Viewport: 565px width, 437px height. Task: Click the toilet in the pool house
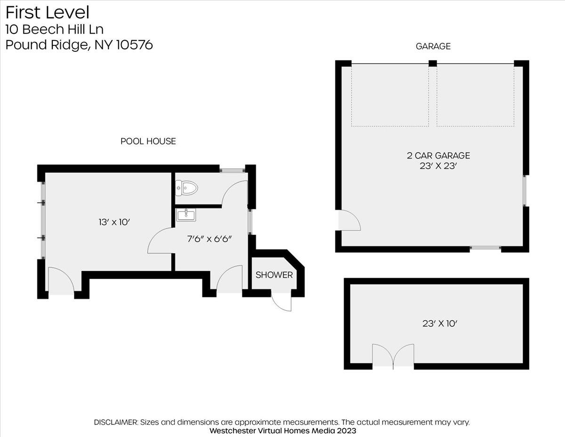pos(186,188)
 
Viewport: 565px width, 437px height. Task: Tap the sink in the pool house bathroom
pos(186,215)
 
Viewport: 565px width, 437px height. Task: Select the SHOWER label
pos(274,275)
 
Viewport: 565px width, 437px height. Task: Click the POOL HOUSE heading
pos(148,141)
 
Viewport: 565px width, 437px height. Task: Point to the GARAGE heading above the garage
pos(433,46)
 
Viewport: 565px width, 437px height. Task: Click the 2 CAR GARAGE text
pos(438,156)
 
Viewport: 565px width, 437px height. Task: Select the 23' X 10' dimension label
pos(440,323)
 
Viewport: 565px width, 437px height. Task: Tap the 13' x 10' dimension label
pos(114,223)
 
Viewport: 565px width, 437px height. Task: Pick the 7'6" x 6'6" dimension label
pos(210,239)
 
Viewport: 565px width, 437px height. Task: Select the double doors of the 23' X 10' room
pos(393,356)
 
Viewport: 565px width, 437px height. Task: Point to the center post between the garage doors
pos(433,64)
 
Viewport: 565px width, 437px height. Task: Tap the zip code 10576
pos(135,45)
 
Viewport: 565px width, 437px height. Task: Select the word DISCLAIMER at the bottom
pos(116,422)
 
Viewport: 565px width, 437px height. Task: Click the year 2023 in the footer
pos(347,431)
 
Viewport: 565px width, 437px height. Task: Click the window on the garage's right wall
pos(525,190)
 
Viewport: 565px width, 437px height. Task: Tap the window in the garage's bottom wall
pos(485,248)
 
